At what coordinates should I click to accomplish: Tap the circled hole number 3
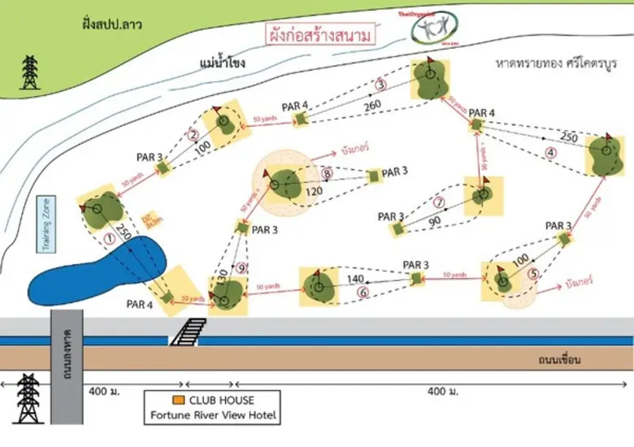pos(380,85)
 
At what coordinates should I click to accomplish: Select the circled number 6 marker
pos(363,293)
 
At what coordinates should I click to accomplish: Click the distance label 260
pos(372,104)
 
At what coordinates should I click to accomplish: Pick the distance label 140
pos(355,279)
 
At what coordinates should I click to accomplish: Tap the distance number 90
pos(436,220)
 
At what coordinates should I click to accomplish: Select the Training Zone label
pos(46,223)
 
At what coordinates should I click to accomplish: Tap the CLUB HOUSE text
pos(221,400)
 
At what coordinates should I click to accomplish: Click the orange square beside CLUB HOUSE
pos(177,400)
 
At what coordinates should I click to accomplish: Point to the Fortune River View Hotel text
pos(214,416)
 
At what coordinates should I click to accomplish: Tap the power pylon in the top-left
pos(31,73)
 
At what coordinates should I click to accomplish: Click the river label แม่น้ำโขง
pos(221,63)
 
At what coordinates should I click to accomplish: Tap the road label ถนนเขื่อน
pos(562,358)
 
